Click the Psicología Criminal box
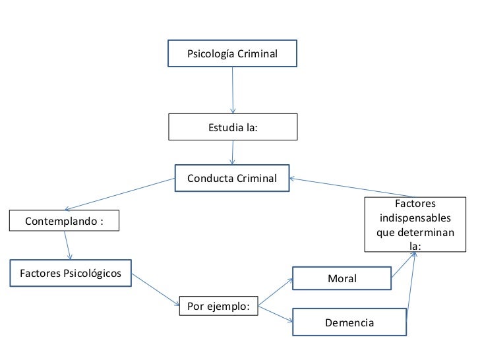(x=232, y=53)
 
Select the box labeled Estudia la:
(x=232, y=127)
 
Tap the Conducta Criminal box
(x=232, y=178)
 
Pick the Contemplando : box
(x=64, y=221)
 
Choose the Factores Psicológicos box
(x=71, y=274)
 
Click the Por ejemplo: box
(x=218, y=307)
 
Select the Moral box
(x=342, y=279)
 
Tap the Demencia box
(x=349, y=322)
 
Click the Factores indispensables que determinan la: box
(x=415, y=225)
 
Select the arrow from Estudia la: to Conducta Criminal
(x=232, y=152)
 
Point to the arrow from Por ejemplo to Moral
(x=276, y=293)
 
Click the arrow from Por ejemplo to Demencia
(x=276, y=314)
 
